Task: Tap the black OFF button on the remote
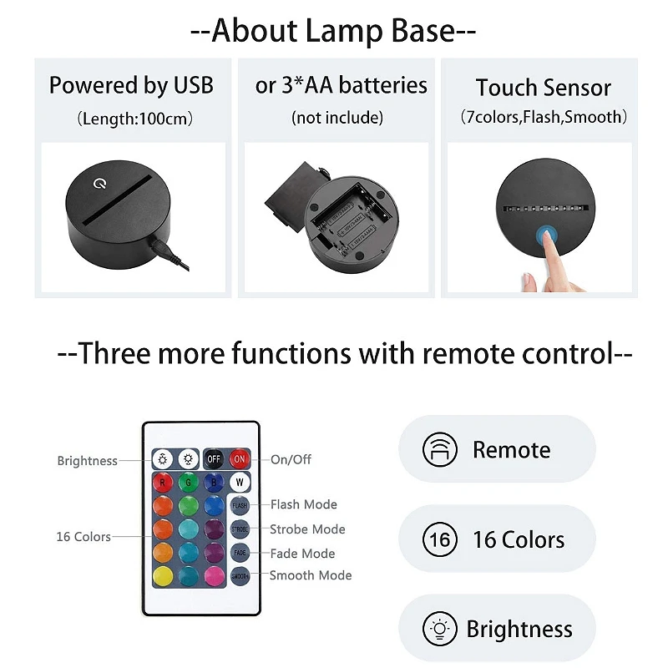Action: [214, 458]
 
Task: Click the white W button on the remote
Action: [240, 482]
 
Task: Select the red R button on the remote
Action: [163, 482]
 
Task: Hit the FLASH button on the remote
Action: [240, 505]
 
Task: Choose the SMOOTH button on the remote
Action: [240, 576]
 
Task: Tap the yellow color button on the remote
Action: [163, 576]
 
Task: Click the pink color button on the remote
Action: [214, 576]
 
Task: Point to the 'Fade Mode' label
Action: [301, 554]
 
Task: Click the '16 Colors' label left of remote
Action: [83, 537]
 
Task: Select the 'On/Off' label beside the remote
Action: [291, 459]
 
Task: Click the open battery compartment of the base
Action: [343, 220]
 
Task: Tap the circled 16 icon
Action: [439, 539]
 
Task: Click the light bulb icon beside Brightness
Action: [439, 629]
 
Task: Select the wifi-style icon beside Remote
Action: [439, 450]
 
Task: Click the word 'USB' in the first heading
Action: [193, 85]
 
